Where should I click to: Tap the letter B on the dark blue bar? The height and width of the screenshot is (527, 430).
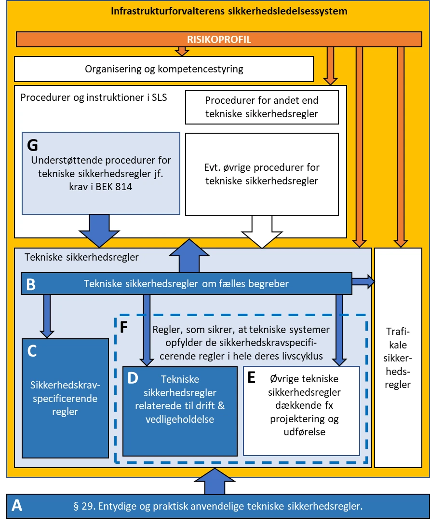click(31, 284)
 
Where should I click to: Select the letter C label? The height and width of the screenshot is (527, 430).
click(32, 351)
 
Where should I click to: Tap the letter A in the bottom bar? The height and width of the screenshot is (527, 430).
click(17, 505)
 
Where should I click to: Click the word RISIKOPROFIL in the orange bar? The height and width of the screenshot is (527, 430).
click(220, 40)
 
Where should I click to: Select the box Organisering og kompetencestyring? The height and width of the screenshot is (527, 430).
click(164, 69)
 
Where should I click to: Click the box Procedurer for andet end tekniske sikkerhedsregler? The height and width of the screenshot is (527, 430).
click(261, 107)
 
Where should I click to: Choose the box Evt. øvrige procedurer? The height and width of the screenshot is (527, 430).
click(261, 174)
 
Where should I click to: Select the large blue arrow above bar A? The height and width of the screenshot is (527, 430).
click(208, 482)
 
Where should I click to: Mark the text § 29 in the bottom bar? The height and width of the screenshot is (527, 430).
click(83, 506)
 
